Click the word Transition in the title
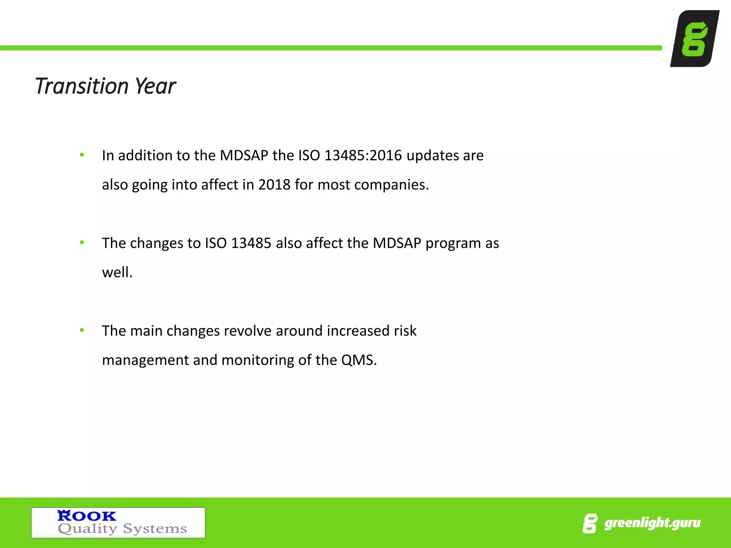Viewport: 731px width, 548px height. tap(81, 86)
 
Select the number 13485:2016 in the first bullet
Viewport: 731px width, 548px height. tap(363, 156)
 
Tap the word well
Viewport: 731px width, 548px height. tap(117, 273)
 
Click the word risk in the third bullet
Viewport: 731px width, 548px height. tap(405, 331)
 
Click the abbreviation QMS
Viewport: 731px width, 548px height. tap(359, 360)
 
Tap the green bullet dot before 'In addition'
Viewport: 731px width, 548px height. tap(82, 155)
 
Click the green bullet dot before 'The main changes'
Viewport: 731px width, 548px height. tap(82, 330)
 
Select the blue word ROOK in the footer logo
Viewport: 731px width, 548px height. tap(87, 516)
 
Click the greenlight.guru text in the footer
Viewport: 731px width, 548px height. tap(652, 523)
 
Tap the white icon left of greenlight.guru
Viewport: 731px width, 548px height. tap(590, 523)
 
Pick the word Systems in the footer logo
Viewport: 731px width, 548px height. tap(155, 528)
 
